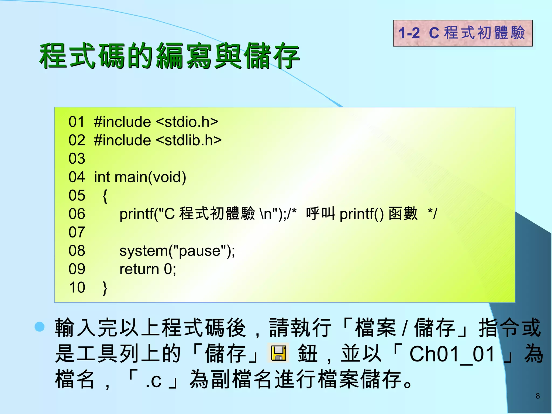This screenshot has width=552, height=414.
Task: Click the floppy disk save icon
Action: click(278, 353)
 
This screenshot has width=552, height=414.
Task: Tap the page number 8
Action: click(537, 396)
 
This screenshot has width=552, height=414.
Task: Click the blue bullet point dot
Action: click(40, 326)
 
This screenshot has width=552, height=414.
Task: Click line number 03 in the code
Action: click(77, 158)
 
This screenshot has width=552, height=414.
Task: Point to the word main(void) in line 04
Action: click(150, 177)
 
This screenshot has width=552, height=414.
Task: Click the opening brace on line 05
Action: click(105, 196)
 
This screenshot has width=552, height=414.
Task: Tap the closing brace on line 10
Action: click(105, 288)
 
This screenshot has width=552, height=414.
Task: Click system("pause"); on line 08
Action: click(177, 251)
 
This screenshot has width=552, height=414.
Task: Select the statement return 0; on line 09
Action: click(148, 269)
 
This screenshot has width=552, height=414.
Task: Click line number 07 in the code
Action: click(77, 232)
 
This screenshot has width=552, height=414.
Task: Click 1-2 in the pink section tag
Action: click(409, 33)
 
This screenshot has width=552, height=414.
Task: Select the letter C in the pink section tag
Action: click(434, 33)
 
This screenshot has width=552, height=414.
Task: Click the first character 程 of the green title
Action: click(53, 56)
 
